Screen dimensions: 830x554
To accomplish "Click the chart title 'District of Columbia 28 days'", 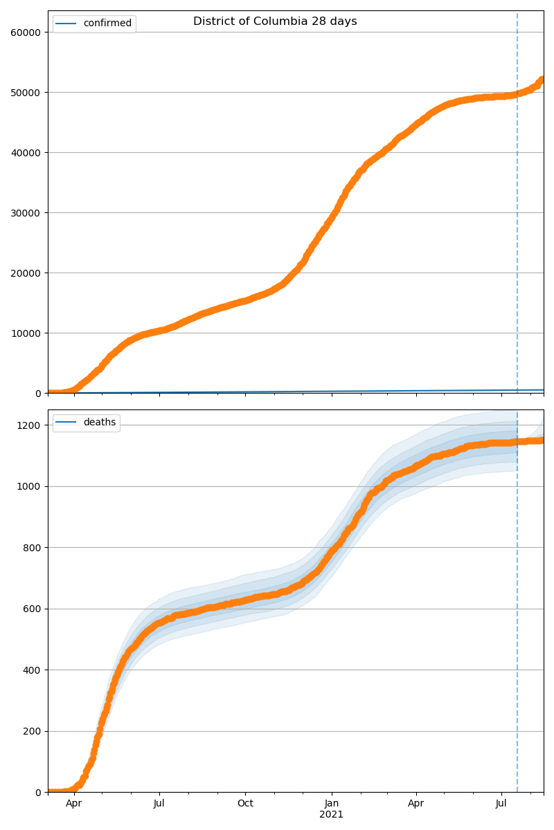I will (275, 21).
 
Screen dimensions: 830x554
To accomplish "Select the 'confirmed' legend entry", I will (107, 24).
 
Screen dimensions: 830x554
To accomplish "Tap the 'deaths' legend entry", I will (99, 423).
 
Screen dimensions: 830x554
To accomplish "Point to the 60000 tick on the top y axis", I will (27, 32).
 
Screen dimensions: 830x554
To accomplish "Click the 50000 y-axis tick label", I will (27, 92).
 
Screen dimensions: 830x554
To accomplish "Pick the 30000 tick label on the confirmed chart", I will (27, 212).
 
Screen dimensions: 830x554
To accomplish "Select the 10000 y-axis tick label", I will (27, 333).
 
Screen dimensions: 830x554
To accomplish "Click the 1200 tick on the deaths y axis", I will (32, 425).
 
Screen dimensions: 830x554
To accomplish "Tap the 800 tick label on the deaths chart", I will (34, 547).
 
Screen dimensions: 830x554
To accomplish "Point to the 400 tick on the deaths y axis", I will (34, 670).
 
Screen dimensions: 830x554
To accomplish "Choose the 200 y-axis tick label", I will (34, 731).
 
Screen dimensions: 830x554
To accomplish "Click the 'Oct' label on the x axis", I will (245, 804).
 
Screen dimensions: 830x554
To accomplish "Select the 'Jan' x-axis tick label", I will (332, 804).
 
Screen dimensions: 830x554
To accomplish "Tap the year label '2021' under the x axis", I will (332, 814).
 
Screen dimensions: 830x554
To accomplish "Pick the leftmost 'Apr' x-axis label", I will (74, 804).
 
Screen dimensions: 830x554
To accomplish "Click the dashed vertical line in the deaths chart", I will (517, 622).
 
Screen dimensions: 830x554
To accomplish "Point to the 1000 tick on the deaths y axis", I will (32, 486).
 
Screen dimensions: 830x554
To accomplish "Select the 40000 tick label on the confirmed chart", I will (27, 152).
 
